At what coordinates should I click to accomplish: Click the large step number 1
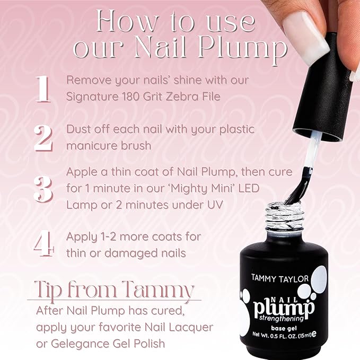click(42, 89)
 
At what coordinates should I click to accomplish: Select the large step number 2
click(42, 137)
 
